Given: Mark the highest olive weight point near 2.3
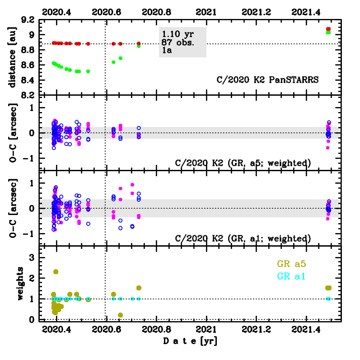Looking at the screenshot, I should click(56, 272).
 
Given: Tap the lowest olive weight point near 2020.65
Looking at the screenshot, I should click(120, 315).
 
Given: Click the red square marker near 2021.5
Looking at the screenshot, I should click(328, 29).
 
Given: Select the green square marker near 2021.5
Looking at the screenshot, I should click(328, 32).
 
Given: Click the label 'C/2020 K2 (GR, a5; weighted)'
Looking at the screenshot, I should click(243, 163).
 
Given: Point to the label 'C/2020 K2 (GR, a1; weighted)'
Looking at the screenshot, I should click(243, 238).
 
